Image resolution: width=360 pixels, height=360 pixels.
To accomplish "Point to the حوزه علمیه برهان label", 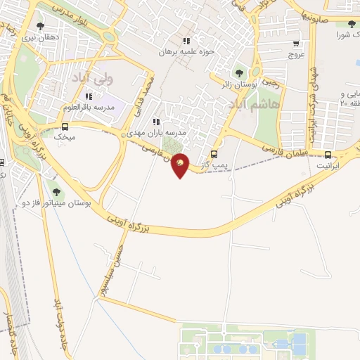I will click(x=186, y=51).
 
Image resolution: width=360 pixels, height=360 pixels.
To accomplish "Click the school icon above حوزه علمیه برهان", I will click(x=186, y=41).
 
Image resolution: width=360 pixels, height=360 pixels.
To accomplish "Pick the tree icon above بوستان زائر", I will click(x=239, y=72).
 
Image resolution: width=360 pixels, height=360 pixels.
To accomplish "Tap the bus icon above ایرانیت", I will click(x=328, y=155).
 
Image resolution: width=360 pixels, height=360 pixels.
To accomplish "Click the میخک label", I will click(x=65, y=138).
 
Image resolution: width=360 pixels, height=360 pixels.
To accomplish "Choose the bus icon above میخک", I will click(x=65, y=127).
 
